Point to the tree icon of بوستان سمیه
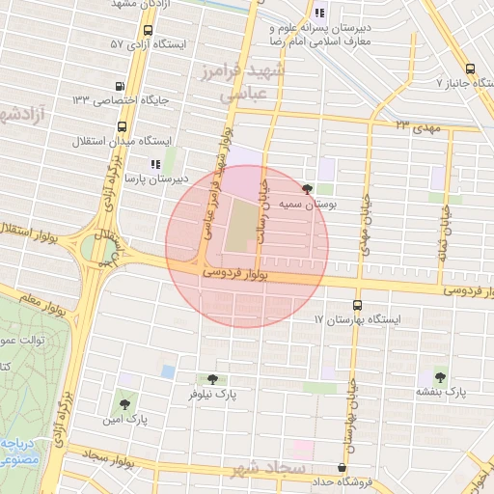(x=308, y=189)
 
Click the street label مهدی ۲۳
(x=416, y=125)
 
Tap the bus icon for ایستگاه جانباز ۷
(x=470, y=69)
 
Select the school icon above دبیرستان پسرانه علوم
(x=318, y=14)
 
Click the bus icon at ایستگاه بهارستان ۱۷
(x=358, y=304)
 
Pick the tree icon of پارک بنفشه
(x=440, y=377)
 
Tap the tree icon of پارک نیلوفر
(x=211, y=379)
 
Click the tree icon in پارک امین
(x=123, y=403)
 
